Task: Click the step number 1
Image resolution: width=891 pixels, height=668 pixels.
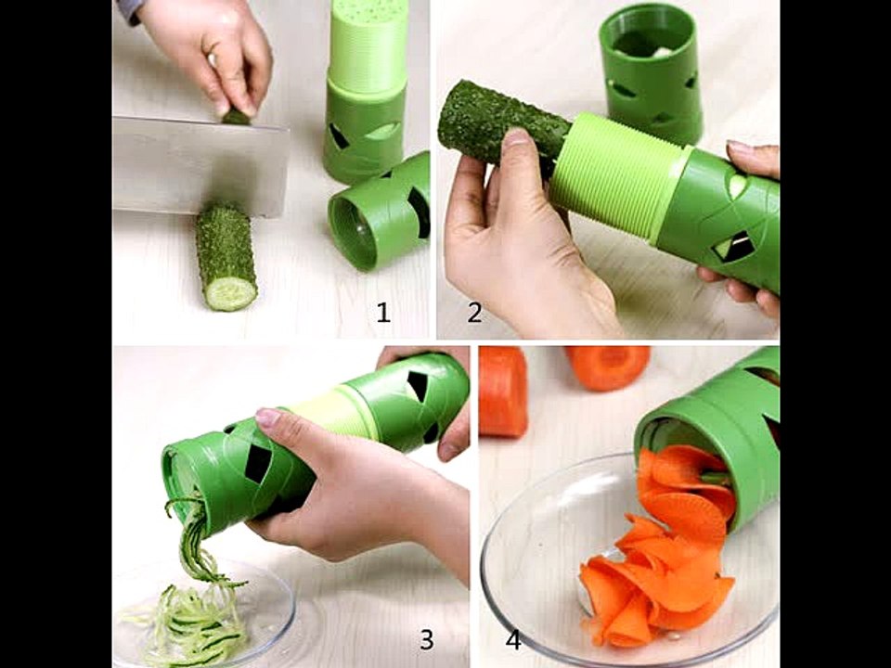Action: [383, 313]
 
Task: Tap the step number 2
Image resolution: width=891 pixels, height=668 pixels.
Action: [474, 313]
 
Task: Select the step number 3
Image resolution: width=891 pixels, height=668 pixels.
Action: [427, 639]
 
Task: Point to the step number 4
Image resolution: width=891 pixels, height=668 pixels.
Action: [513, 639]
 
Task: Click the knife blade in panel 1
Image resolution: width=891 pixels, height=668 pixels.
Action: [199, 165]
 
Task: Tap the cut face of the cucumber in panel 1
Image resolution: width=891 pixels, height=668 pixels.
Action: [230, 292]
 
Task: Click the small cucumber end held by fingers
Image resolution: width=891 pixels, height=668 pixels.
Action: [236, 117]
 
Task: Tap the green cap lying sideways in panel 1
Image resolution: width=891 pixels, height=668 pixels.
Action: [380, 213]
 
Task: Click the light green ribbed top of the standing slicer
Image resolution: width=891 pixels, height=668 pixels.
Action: [368, 45]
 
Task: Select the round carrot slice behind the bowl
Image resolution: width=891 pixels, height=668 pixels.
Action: [608, 366]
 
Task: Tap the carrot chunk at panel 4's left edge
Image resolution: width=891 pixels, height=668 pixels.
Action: [503, 391]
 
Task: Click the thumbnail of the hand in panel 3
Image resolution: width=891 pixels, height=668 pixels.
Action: [268, 417]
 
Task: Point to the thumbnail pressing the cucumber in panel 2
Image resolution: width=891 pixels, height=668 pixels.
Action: [517, 137]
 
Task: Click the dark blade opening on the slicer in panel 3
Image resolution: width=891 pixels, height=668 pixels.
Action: [257, 463]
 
